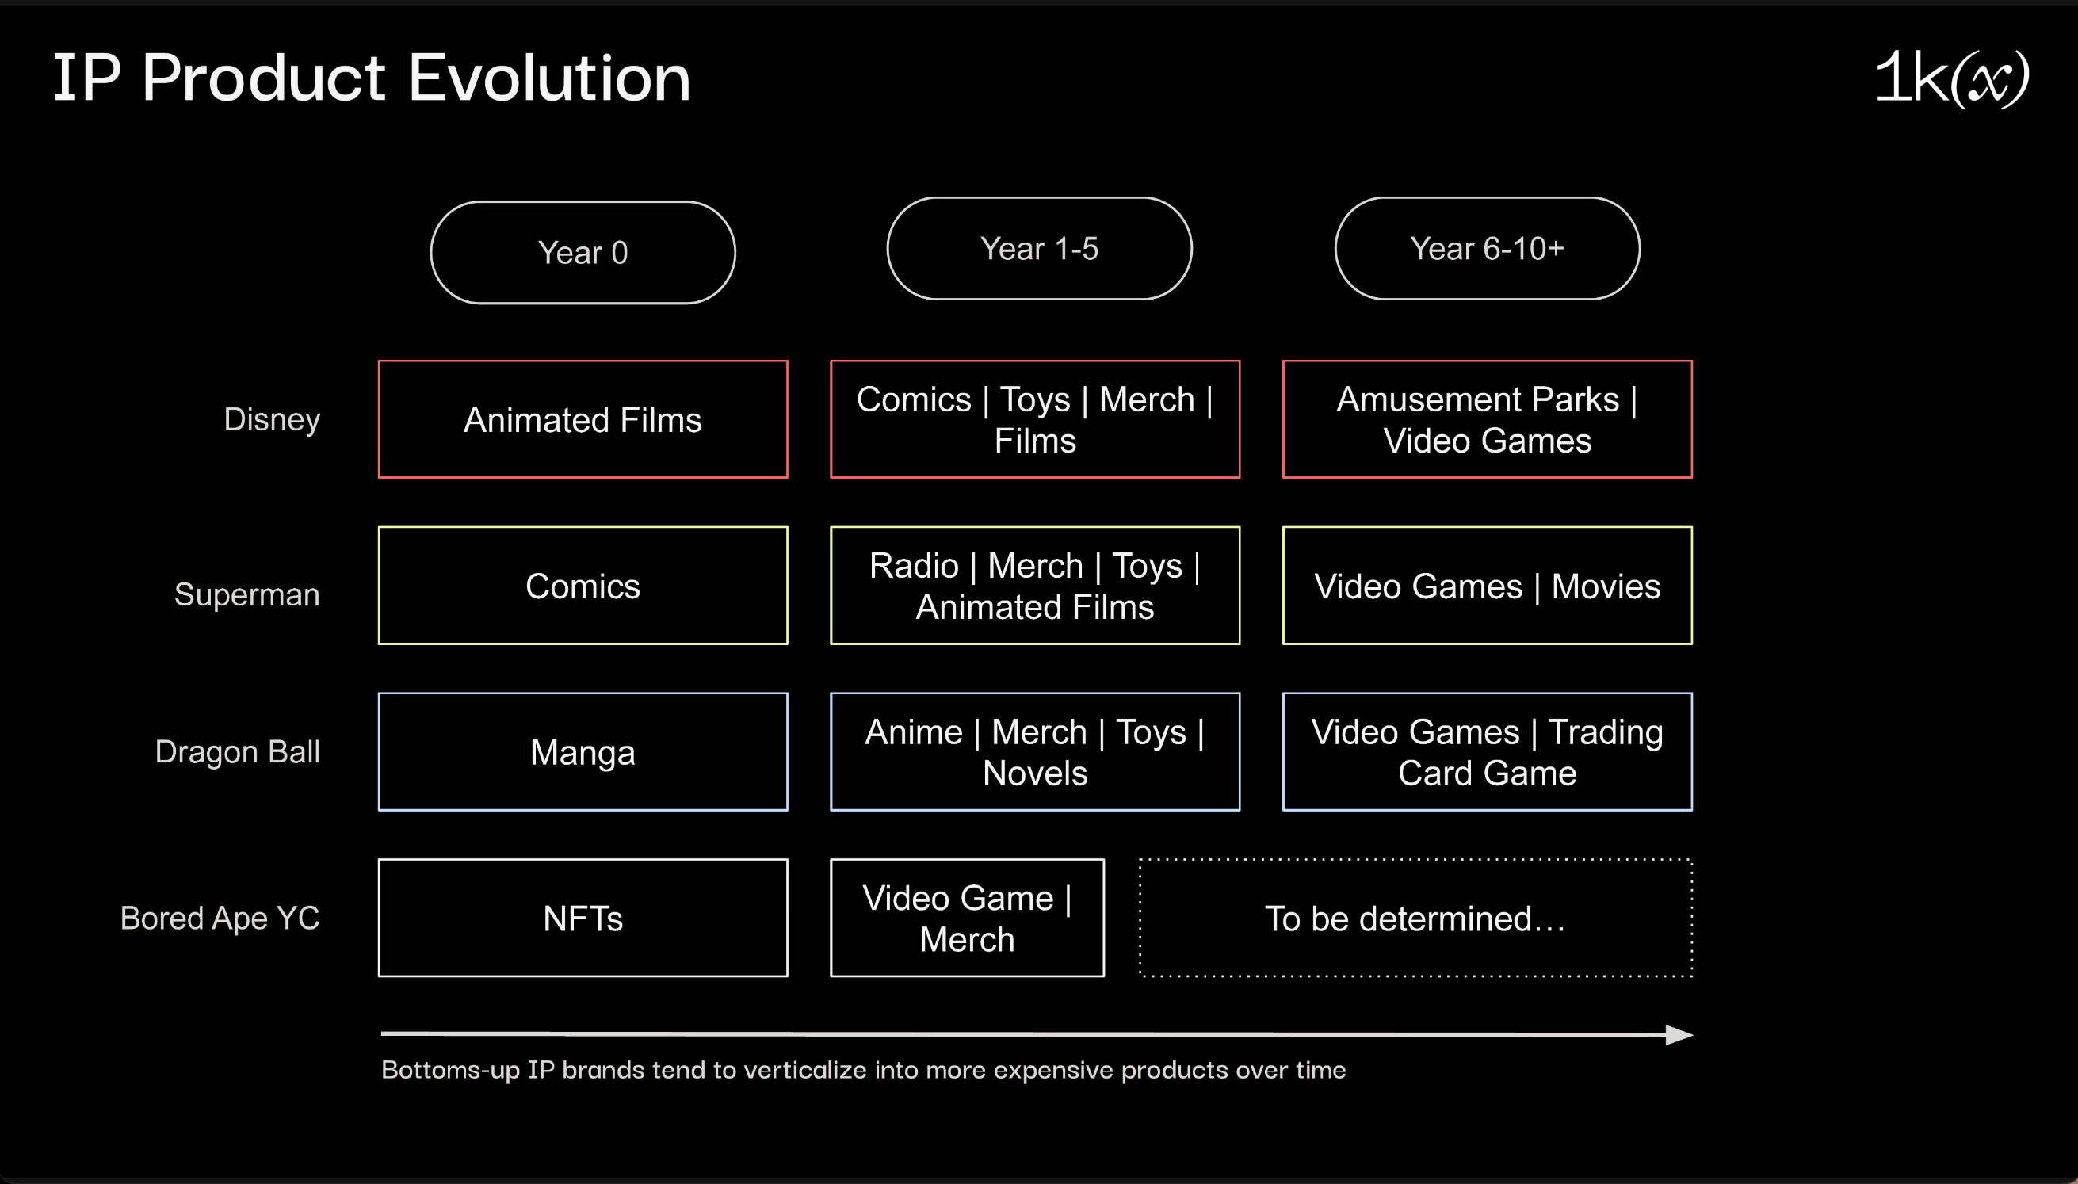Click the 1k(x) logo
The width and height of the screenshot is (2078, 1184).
click(x=1951, y=78)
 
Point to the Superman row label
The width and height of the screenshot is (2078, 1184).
click(x=247, y=594)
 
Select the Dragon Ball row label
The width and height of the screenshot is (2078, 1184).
click(x=238, y=752)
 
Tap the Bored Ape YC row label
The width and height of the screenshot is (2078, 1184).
click(x=220, y=919)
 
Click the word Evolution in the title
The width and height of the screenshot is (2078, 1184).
click(x=549, y=78)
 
